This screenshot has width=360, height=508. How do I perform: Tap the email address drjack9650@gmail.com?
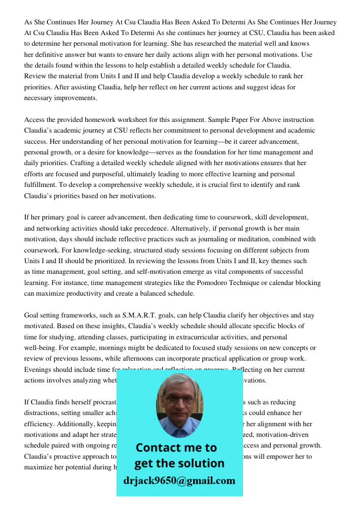click(x=179, y=481)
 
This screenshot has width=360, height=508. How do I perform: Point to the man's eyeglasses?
click(x=179, y=399)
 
